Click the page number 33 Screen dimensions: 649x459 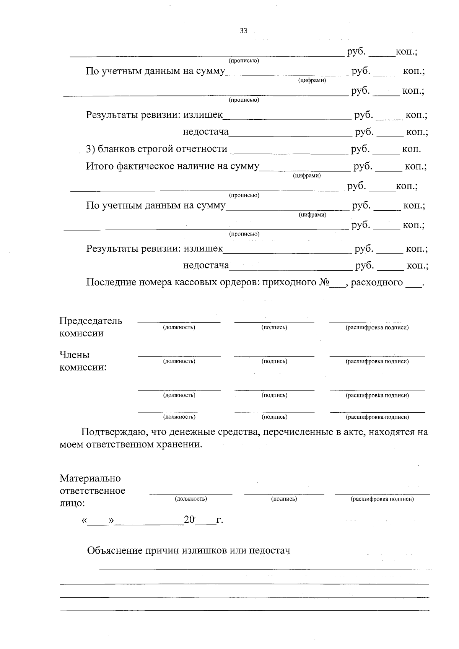coord(243,31)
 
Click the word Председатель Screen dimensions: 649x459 coord(91,321)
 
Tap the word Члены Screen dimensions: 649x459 coord(74,355)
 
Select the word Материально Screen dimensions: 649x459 coord(90,478)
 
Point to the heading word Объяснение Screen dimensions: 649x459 coord(115,551)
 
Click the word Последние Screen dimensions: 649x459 coord(110,282)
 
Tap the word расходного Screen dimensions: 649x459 coord(377,282)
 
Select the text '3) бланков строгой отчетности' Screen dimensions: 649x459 coord(156,149)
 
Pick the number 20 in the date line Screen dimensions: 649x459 coord(189,520)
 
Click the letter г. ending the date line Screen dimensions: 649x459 coord(220,520)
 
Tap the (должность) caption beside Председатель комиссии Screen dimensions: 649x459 coord(179,327)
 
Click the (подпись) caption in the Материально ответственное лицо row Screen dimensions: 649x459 coord(284,499)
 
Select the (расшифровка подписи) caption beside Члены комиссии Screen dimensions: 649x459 coord(377,361)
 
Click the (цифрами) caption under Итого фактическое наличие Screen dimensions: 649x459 coord(307,176)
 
